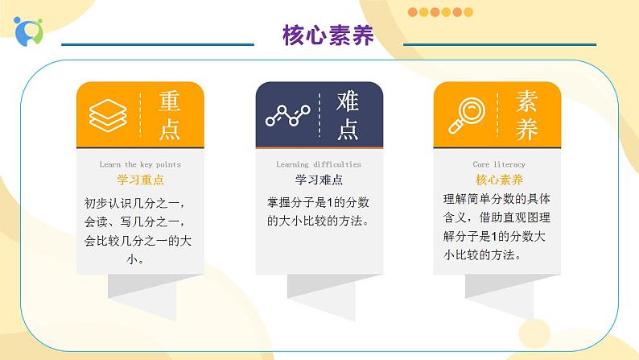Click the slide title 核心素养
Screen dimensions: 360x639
(x=328, y=35)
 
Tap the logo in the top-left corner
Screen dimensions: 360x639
(x=27, y=30)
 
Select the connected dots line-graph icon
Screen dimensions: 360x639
(x=287, y=116)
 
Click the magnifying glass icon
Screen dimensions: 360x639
(x=465, y=117)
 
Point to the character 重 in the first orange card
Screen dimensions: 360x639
(x=169, y=102)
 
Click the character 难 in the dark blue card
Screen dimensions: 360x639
(x=348, y=102)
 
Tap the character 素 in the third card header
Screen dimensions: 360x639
(x=527, y=102)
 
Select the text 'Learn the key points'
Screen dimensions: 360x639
(x=140, y=164)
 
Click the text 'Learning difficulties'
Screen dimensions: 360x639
(x=319, y=164)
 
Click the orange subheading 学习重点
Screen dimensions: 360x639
(x=140, y=180)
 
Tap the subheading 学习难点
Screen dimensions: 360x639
(x=319, y=180)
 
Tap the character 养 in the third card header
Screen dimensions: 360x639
(x=527, y=129)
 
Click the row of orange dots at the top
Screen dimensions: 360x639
(x=440, y=12)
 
